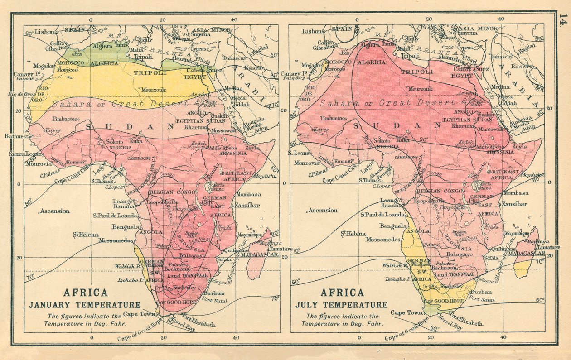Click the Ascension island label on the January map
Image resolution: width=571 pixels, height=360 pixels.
click(x=54, y=211)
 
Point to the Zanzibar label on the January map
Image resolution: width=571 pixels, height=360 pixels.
click(x=247, y=205)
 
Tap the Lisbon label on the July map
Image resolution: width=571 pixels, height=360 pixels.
click(x=314, y=31)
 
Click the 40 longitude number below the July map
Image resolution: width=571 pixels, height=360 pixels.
click(x=503, y=337)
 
